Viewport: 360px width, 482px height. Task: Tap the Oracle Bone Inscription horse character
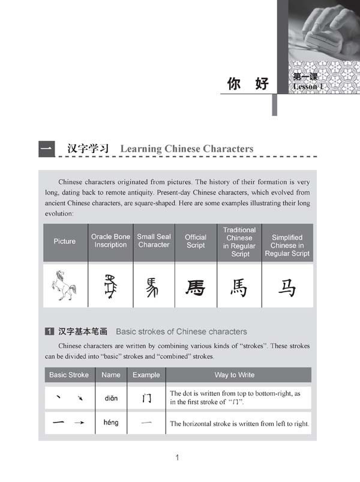tap(110, 286)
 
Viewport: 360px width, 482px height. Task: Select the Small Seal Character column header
tap(154, 241)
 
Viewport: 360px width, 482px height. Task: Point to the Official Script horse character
tap(196, 288)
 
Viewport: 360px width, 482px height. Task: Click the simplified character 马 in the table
tap(287, 288)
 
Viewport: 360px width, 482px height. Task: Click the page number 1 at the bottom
tap(177, 459)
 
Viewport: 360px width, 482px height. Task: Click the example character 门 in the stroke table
tap(146, 397)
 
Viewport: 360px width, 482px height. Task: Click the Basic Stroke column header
tap(69, 375)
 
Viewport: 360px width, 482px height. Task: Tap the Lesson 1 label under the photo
tap(308, 87)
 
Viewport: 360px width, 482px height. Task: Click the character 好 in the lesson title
tap(262, 83)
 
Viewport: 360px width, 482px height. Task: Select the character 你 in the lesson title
tap(235, 83)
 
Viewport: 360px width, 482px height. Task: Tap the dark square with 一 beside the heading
tap(47, 148)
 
